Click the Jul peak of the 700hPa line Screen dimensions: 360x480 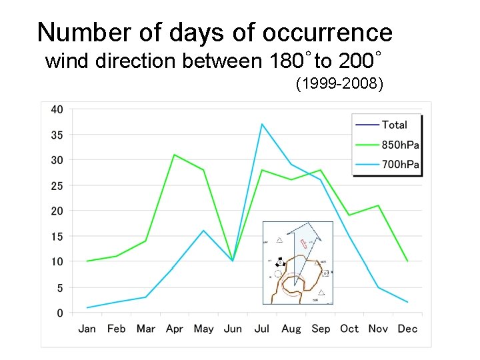tap(262, 124)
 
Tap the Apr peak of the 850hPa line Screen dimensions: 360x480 tap(174, 155)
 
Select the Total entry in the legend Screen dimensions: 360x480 tap(394, 125)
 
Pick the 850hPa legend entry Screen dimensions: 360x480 tap(400, 145)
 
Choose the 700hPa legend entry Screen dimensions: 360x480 tap(400, 165)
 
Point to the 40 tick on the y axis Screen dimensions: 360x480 tap(57, 109)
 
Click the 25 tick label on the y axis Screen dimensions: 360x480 tap(57, 185)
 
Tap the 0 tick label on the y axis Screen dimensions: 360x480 tap(60, 313)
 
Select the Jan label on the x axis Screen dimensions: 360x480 tap(87, 329)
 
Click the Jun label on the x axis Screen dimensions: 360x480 tap(233, 329)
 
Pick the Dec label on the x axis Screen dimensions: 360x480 tap(407, 329)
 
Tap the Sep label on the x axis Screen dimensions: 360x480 tap(321, 329)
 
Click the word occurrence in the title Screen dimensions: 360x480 tap(327, 32)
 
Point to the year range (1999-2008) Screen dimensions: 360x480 tap(339, 85)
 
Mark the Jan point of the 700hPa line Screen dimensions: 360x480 tap(87, 307)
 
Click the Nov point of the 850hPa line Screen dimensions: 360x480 tap(378, 205)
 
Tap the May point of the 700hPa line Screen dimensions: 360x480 tap(203, 231)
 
